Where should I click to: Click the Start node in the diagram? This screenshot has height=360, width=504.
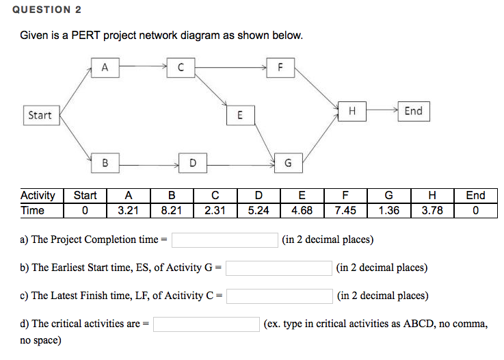coord(42,115)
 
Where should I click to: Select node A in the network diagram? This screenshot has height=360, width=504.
coord(105,68)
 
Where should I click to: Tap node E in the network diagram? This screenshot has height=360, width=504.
coord(241,115)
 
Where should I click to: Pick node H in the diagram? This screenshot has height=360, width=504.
coord(352,112)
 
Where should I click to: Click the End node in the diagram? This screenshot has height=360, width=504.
coord(414,112)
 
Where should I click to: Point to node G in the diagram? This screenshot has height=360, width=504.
coord(289,163)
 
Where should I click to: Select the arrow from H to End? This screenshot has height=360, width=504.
coord(382,110)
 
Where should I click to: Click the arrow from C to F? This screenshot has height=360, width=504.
coord(230,68)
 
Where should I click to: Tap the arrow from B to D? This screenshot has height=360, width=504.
coord(149,165)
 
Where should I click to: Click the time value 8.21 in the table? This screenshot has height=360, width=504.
coord(172,210)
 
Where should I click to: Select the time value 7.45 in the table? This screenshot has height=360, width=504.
coord(345,210)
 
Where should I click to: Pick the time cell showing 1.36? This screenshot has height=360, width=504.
coord(388,210)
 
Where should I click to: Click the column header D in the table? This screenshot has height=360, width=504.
coord(258,195)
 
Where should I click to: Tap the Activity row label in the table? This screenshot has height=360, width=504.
coord(38,196)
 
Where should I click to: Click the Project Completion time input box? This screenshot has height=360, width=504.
coord(225,240)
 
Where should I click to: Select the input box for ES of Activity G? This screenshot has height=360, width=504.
coord(279,268)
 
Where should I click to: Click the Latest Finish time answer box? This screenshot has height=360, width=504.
coord(279,296)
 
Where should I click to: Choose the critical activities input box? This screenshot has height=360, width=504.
coord(207,324)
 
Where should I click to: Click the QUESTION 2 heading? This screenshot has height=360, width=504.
coord(47,10)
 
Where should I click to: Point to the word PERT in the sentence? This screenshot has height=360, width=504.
coord(85,35)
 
